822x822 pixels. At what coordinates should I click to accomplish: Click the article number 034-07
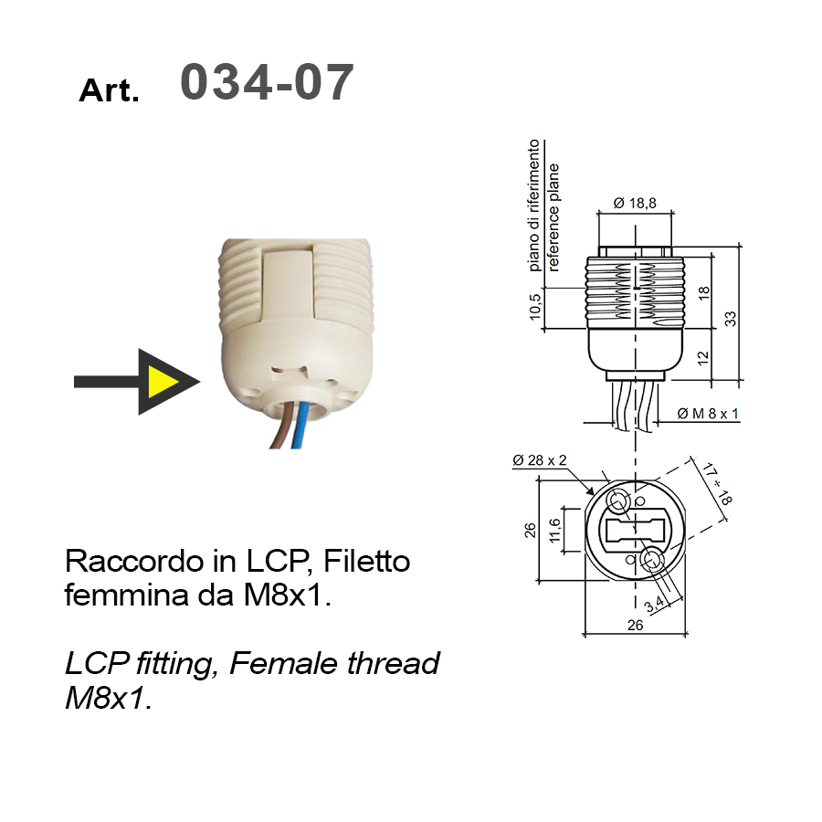(267, 82)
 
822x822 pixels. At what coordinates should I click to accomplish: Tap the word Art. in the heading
(109, 90)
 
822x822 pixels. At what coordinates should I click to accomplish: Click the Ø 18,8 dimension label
(635, 203)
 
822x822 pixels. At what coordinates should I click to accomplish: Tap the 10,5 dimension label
(534, 307)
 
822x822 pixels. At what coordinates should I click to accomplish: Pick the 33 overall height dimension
(731, 318)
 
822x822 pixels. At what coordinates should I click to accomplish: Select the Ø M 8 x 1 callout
(708, 414)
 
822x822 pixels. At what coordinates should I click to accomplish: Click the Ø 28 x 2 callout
(540, 460)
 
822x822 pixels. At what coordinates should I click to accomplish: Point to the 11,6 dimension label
(554, 530)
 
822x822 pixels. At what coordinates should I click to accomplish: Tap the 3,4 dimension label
(654, 604)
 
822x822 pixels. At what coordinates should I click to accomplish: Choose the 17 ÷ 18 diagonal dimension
(717, 483)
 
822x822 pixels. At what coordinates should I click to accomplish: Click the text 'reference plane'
(553, 217)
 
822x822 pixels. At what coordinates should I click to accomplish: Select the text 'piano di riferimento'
(533, 205)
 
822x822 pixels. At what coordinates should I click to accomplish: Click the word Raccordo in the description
(134, 561)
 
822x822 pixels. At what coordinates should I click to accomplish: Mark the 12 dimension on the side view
(703, 357)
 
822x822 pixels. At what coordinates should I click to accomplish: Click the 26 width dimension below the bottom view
(635, 625)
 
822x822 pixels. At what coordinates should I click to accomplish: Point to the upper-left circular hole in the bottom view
(617, 501)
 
